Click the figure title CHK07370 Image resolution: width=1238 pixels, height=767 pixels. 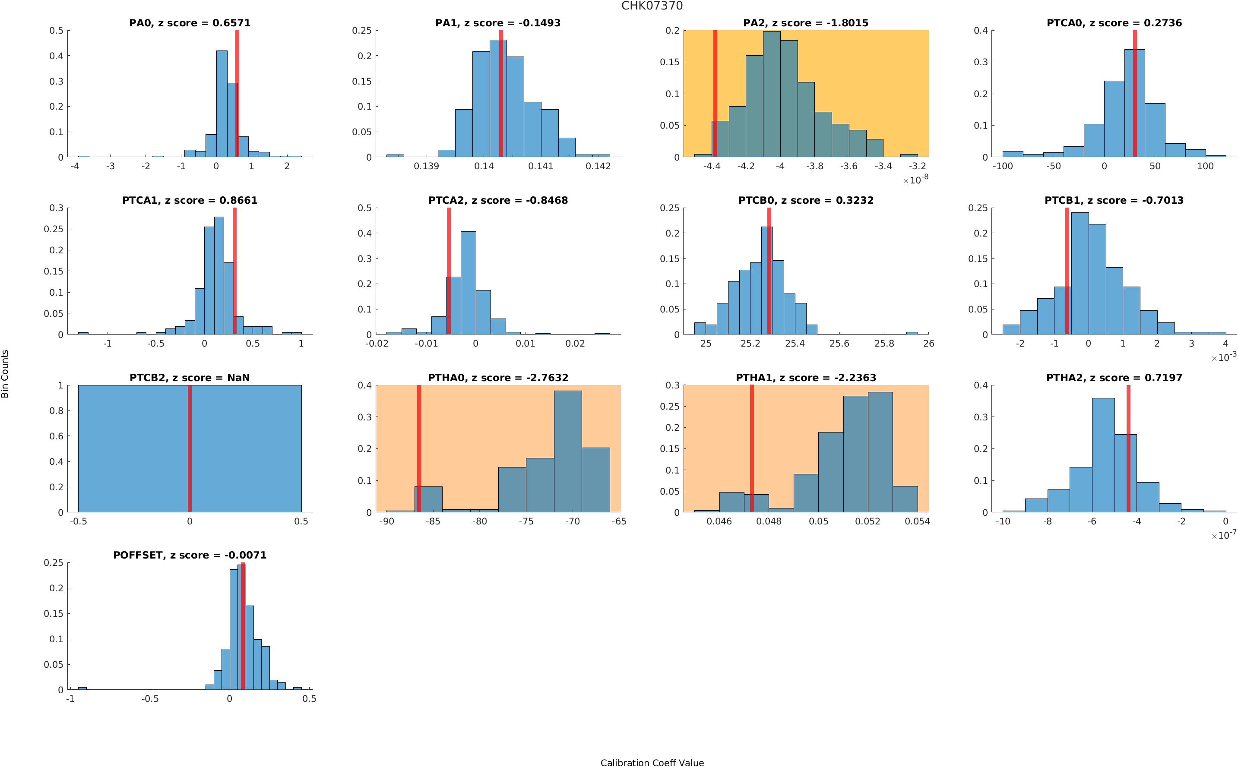pyautogui.click(x=652, y=6)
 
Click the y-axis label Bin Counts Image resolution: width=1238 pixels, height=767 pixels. pyautogui.click(x=5, y=373)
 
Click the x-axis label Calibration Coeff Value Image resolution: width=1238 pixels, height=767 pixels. pyautogui.click(x=652, y=762)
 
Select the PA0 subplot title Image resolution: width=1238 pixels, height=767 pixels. pyautogui.click(x=189, y=23)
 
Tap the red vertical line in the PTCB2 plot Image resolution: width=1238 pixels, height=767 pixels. pyautogui.click(x=189, y=448)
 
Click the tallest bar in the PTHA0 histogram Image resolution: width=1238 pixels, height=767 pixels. pyautogui.click(x=567, y=451)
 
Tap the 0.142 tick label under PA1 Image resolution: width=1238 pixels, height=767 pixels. pyautogui.click(x=598, y=166)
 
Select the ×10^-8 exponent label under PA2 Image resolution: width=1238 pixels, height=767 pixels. pyautogui.click(x=915, y=180)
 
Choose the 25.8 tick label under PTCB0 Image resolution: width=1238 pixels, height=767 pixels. pyautogui.click(x=883, y=344)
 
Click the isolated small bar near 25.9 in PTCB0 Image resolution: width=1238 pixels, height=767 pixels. pyautogui.click(x=911, y=333)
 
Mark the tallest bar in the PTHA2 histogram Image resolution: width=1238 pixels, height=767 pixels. pyautogui.click(x=1102, y=455)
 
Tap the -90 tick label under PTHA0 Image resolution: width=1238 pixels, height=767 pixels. pyautogui.click(x=386, y=521)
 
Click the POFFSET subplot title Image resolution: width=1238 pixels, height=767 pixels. pyautogui.click(x=189, y=555)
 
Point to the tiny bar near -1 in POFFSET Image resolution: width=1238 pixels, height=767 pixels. pyautogui.click(x=82, y=688)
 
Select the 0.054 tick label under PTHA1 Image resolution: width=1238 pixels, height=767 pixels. pyautogui.click(x=917, y=521)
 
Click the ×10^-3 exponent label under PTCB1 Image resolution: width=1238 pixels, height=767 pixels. pyautogui.click(x=1223, y=357)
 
